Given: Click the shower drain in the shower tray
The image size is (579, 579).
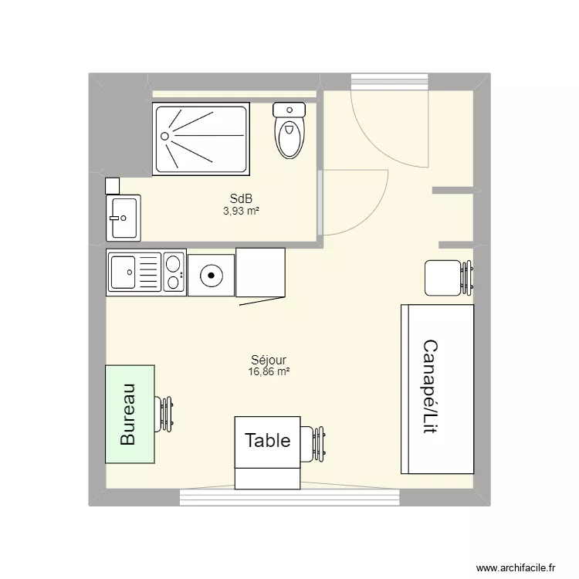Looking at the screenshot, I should tap(164, 135).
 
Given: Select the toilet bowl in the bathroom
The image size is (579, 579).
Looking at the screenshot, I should tap(289, 139).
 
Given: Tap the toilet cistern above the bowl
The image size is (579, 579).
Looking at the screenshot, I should tap(289, 110).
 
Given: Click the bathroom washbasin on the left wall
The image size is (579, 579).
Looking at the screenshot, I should tap(123, 217).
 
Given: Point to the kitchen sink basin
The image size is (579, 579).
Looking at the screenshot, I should tap(124, 272).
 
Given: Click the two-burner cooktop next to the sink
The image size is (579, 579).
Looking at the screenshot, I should tap(174, 272).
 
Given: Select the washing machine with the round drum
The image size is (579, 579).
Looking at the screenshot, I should tap(210, 273).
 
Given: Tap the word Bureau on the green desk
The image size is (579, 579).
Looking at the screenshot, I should tap(128, 415).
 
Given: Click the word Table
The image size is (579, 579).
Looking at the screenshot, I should tap(267, 441).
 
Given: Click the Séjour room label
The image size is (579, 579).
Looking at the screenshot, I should tap(269, 360).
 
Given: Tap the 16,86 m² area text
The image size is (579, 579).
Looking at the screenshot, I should tap(269, 371).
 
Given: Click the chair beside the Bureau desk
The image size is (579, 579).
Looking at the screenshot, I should tap(167, 414).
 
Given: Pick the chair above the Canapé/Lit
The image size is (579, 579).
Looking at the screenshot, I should tap(446, 278).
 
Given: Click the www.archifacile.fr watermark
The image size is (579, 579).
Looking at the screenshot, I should tap(516, 567).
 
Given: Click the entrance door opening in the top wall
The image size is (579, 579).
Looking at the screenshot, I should tap(389, 81).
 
